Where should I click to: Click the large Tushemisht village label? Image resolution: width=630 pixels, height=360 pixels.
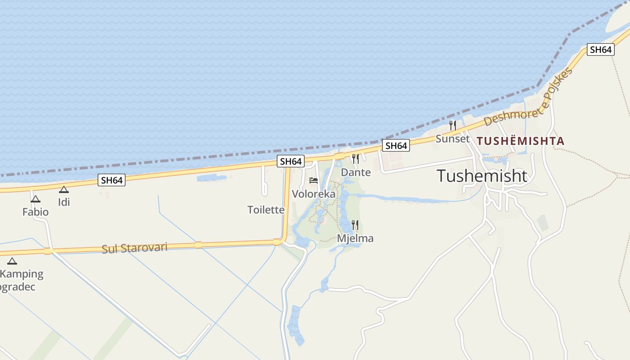click(481, 176)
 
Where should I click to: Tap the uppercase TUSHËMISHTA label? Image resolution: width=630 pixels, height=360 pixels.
click(521, 141)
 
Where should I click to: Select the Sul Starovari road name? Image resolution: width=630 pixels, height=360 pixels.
click(135, 248)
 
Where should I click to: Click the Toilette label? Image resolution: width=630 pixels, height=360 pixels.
click(266, 210)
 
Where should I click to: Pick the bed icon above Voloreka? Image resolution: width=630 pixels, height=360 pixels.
click(314, 180)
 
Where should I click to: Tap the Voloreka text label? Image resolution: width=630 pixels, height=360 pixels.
click(314, 194)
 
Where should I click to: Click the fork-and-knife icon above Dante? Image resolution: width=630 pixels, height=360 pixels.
click(355, 158)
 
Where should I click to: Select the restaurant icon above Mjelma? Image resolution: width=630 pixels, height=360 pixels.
click(355, 225)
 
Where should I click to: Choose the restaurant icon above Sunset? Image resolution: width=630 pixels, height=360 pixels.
click(453, 125)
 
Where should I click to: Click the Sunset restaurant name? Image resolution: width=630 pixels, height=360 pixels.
click(452, 139)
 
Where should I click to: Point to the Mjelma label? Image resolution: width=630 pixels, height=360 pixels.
click(355, 238)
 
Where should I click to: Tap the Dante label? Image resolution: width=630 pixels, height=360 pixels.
click(355, 172)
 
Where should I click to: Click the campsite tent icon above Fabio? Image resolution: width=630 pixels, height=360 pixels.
click(36, 199)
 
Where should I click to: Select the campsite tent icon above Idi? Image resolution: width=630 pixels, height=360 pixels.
click(64, 189)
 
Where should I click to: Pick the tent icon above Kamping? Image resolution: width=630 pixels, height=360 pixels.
click(12, 261)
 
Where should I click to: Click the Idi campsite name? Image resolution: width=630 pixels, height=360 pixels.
click(64, 202)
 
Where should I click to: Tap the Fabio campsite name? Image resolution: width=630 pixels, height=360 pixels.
click(36, 211)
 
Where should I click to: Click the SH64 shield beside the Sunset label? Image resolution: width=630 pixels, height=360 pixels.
click(396, 145)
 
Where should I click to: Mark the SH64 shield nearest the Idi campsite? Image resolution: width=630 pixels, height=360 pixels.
click(112, 180)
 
